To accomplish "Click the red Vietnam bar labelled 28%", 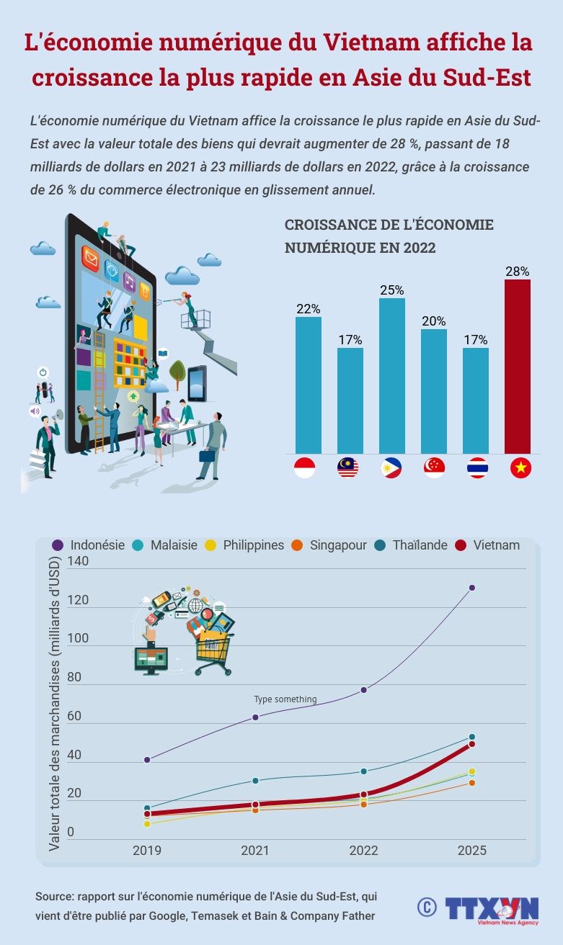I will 517,366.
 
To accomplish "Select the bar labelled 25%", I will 391,375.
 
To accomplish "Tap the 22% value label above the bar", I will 308,308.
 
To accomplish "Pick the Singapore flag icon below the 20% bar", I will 434,468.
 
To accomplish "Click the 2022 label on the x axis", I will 363,851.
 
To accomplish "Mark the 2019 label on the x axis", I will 147,851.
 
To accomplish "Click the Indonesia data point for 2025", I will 472,588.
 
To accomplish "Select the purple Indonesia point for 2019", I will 147,760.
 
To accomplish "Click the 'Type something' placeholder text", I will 285,699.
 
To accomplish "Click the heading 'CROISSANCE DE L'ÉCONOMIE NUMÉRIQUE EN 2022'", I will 389,236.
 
